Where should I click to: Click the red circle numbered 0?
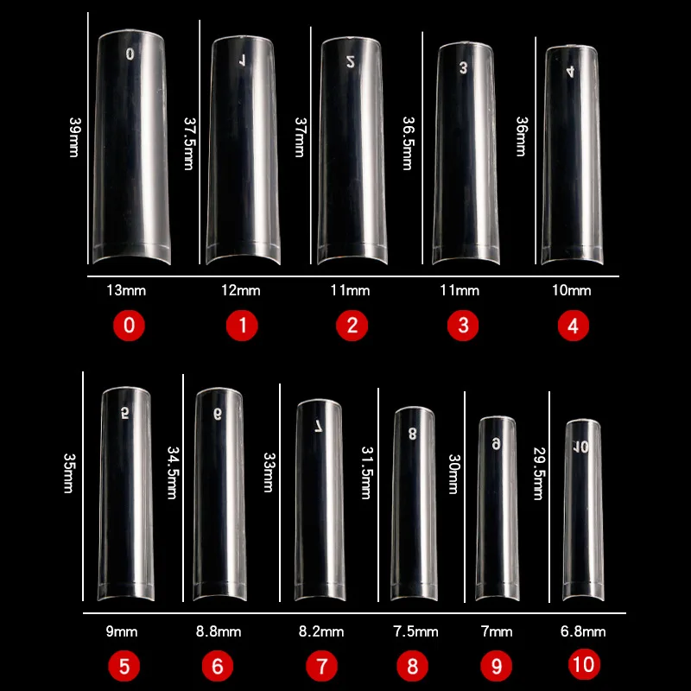click(129, 326)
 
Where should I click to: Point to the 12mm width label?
click(241, 290)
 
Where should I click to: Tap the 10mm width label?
click(572, 290)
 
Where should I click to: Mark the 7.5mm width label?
click(419, 632)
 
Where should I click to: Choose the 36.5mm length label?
click(409, 145)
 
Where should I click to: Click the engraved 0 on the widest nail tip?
click(130, 54)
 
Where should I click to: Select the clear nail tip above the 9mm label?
click(125, 492)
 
